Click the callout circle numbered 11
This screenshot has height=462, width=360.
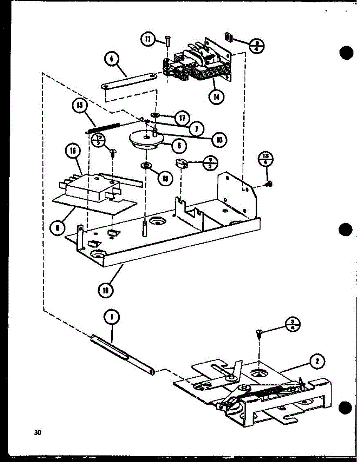[x=147, y=39]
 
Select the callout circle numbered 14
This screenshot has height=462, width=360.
[x=217, y=97]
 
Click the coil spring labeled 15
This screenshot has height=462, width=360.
[x=104, y=127]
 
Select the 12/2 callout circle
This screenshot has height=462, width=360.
[x=99, y=140]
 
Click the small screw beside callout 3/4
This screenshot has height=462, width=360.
[x=258, y=334]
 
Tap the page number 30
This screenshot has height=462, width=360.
[x=37, y=432]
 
